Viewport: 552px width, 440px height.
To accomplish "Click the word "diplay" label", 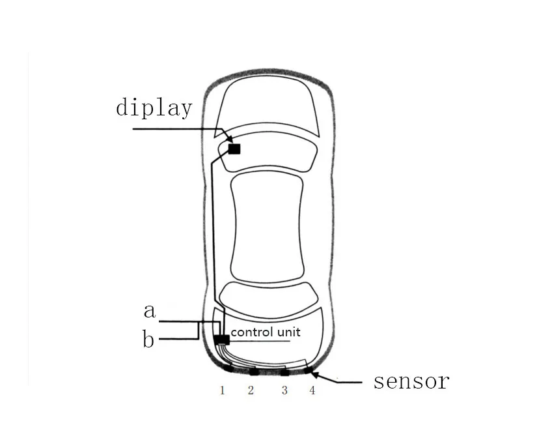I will (x=154, y=107).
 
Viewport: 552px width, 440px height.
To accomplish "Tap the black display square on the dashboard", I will (x=234, y=149).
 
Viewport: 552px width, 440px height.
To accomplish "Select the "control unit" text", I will (x=266, y=332).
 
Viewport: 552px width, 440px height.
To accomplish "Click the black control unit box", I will (x=221, y=340).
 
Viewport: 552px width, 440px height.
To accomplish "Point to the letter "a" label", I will (x=150, y=311).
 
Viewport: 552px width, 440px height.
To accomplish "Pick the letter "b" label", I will (x=149, y=340).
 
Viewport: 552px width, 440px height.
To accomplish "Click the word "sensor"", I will (x=411, y=381).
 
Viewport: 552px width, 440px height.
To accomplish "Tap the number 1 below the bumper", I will (x=222, y=390).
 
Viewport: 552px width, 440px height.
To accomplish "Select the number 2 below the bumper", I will (x=251, y=390).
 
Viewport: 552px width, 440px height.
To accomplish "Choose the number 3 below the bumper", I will (x=284, y=390).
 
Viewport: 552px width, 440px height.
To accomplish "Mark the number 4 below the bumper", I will (x=312, y=390).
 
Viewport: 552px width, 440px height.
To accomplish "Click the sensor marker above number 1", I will (x=228, y=368).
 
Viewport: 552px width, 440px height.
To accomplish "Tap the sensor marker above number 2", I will (x=254, y=372).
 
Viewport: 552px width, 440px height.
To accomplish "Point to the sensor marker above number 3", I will (x=284, y=372).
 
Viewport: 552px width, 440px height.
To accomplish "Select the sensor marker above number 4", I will (x=308, y=370).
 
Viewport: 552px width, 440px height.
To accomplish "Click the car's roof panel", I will (x=268, y=228).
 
